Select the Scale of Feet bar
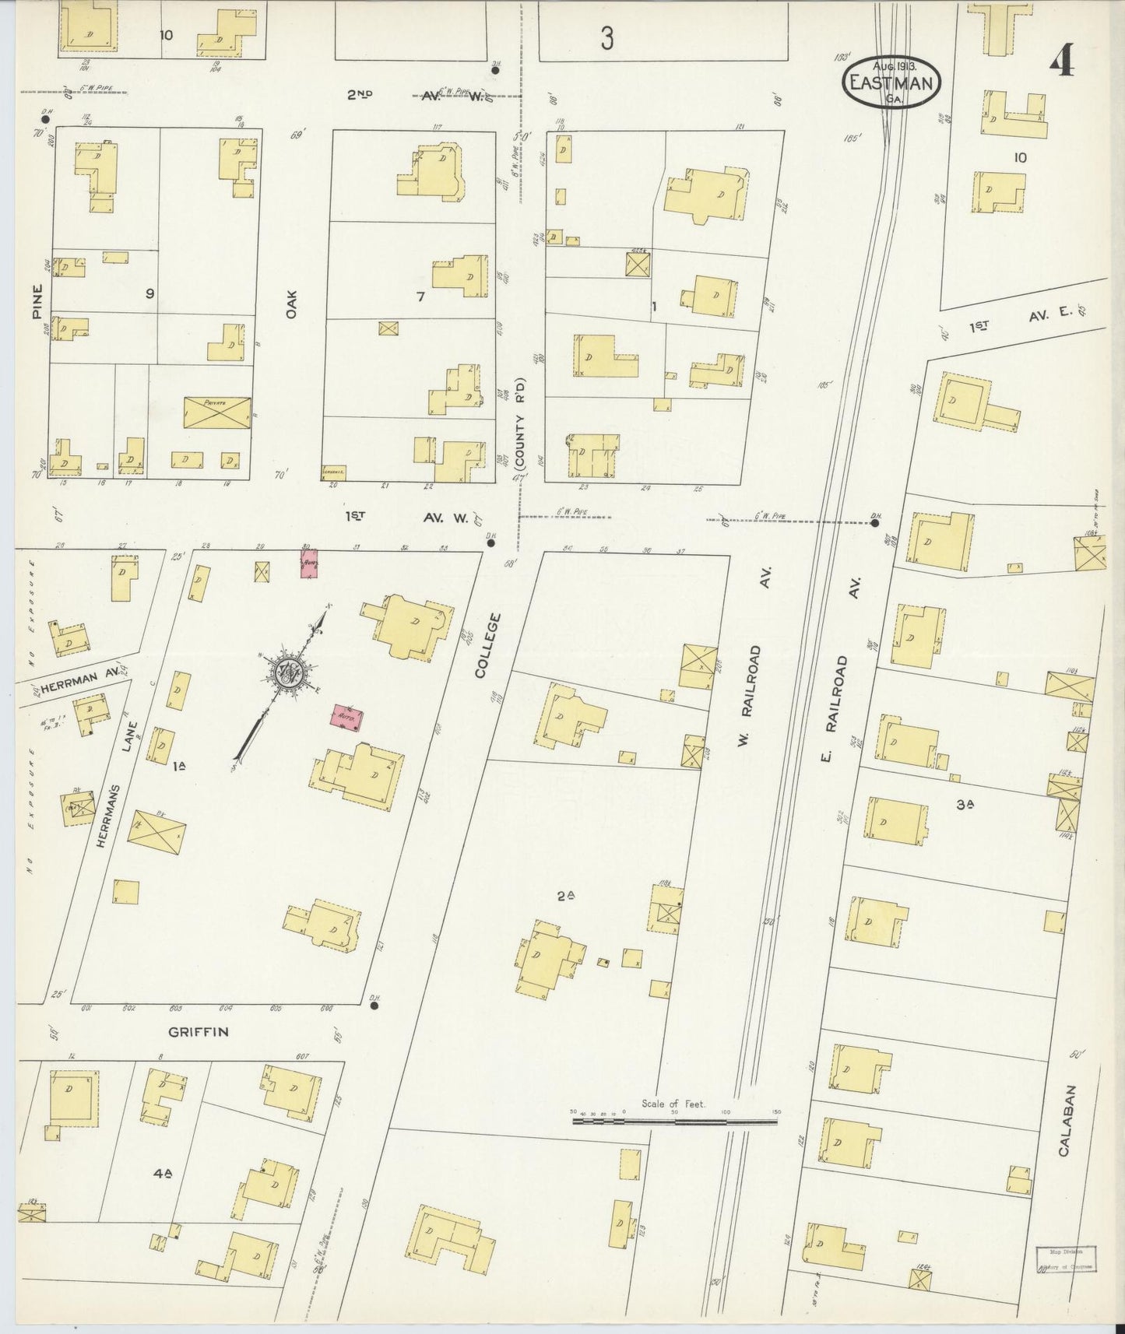click(x=674, y=1122)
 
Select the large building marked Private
click(x=217, y=411)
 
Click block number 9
click(x=149, y=293)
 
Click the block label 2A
click(x=566, y=896)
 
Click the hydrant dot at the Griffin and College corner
click(x=374, y=1006)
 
